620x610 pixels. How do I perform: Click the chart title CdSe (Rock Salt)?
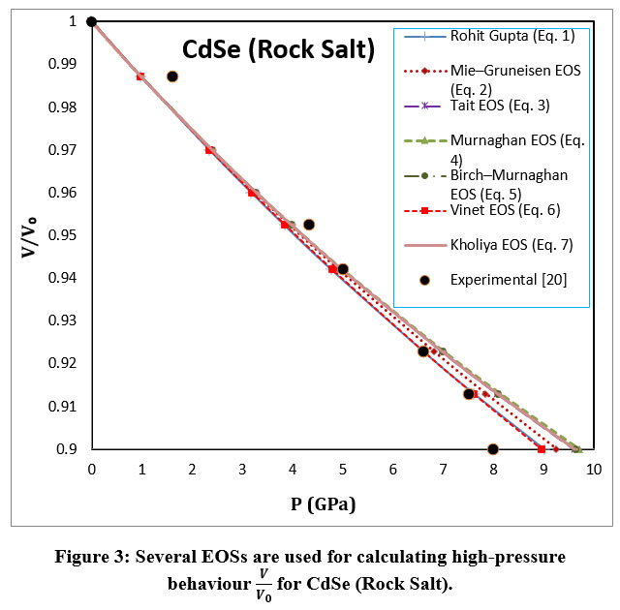280,49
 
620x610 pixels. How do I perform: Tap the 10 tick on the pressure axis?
593,470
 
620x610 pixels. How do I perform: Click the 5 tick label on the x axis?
342,470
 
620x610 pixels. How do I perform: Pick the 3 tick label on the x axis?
241,470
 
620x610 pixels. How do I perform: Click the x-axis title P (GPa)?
338,503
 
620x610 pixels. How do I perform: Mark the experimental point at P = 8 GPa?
493,449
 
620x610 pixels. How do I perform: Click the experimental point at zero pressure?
91,22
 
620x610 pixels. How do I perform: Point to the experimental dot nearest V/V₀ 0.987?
172,76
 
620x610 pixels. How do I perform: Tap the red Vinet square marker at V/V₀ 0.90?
542,449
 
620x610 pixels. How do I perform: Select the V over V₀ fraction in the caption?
261,584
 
